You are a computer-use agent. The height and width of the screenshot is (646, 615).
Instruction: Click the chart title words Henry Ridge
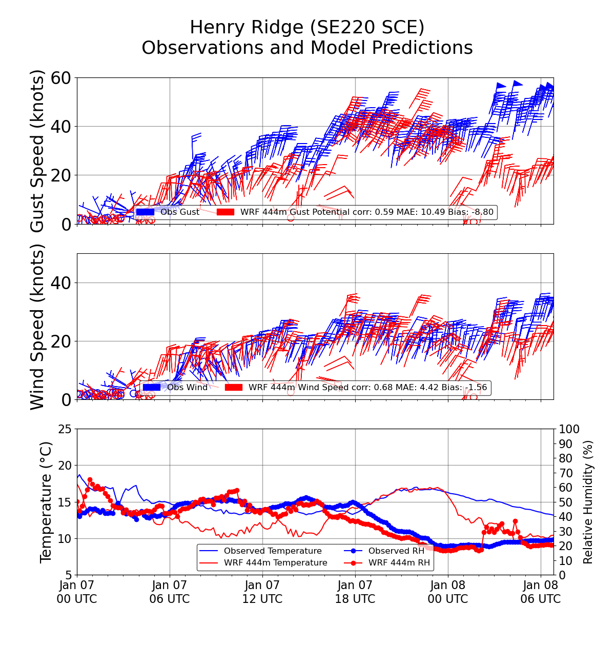[x=245, y=27]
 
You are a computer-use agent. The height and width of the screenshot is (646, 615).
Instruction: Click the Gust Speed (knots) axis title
[x=37, y=151]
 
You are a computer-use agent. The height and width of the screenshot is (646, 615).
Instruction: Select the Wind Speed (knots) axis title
[x=37, y=327]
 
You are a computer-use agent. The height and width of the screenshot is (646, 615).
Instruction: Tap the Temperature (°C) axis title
[x=46, y=502]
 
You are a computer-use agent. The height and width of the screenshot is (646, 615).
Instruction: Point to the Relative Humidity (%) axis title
[x=588, y=502]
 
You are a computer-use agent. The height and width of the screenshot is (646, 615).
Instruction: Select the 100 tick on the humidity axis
[x=569, y=429]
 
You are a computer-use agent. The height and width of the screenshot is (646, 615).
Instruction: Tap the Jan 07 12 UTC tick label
[x=262, y=592]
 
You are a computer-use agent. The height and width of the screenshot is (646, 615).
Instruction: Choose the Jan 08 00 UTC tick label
[x=448, y=592]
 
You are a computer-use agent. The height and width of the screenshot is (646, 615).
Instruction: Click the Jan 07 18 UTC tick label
[x=355, y=592]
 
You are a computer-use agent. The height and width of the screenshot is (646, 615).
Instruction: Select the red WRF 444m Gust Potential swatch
[x=225, y=212]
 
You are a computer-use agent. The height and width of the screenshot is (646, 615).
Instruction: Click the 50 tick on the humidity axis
[x=566, y=502]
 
